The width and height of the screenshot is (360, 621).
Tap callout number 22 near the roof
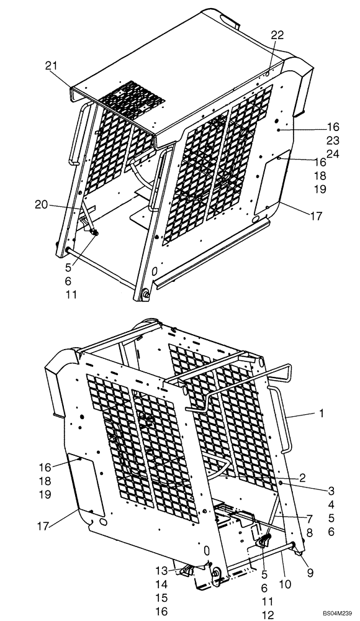pos(277,35)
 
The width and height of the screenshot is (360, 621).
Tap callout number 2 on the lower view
pos(302,478)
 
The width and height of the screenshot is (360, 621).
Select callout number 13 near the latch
pos(161,571)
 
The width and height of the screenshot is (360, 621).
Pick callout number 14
pos(161,584)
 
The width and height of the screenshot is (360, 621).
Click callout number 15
pos(161,598)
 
